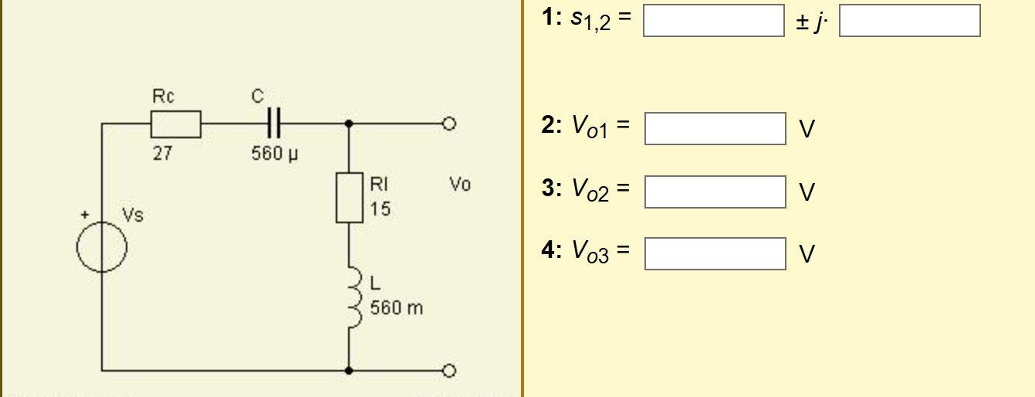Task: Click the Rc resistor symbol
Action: pos(175,124)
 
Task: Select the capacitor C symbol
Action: pos(274,124)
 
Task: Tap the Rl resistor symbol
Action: pos(349,198)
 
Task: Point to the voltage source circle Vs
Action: pos(101,248)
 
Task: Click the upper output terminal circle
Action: pos(448,124)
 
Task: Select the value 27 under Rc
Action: pos(162,154)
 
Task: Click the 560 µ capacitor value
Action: pos(274,154)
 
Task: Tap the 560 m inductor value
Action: pos(397,308)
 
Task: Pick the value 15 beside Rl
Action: pos(380,209)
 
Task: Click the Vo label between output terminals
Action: pos(459,185)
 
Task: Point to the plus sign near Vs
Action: pos(87,214)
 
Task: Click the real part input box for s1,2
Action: pos(713,21)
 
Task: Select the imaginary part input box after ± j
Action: pos(909,21)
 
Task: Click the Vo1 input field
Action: pos(715,129)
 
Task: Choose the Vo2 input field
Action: pos(715,192)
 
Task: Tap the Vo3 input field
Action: pos(715,254)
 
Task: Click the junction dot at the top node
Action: pos(349,124)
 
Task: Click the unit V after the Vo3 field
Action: pos(806,255)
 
